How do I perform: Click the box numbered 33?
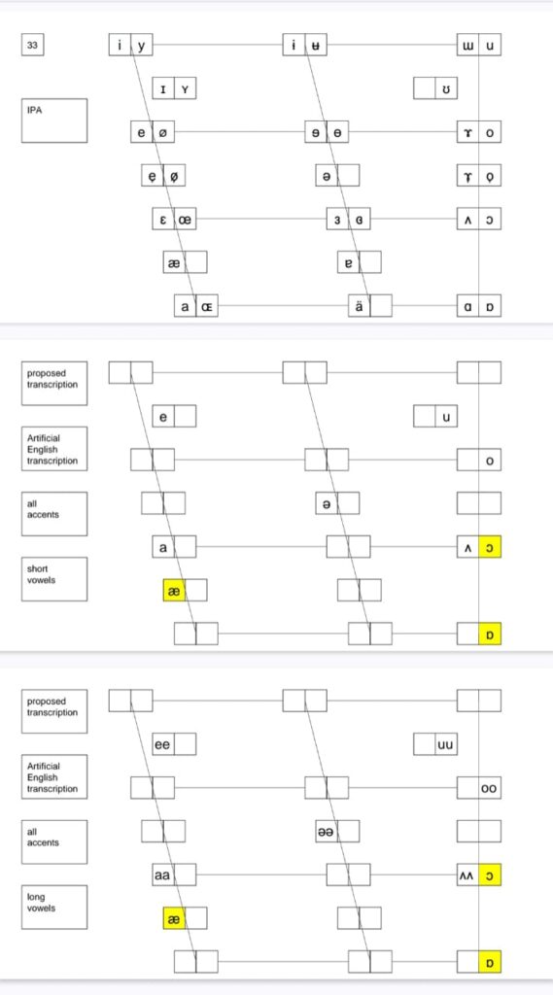pos(33,45)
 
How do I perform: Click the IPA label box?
pos(54,120)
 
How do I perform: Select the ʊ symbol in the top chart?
pos(446,88)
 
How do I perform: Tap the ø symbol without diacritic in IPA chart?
pos(164,132)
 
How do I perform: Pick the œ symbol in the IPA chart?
pos(185,221)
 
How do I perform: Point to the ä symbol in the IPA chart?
pos(360,307)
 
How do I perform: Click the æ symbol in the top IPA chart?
pos(174,262)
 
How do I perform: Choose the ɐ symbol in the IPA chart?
pos(348,262)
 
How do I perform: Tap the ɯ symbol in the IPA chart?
pos(467,45)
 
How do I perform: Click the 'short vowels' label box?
pos(54,579)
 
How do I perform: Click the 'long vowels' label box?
pos(54,908)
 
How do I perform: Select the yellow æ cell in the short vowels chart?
pos(174,591)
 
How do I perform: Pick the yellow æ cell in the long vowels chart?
pos(174,918)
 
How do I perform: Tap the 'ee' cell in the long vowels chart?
pos(163,744)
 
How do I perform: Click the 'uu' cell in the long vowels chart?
pos(446,744)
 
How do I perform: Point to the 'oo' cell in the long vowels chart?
pos(490,788)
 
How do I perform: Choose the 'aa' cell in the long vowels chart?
pos(163,875)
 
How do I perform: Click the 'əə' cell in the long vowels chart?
pos(327,832)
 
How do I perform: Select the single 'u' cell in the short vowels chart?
pos(446,416)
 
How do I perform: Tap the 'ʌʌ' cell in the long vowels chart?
pos(467,875)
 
